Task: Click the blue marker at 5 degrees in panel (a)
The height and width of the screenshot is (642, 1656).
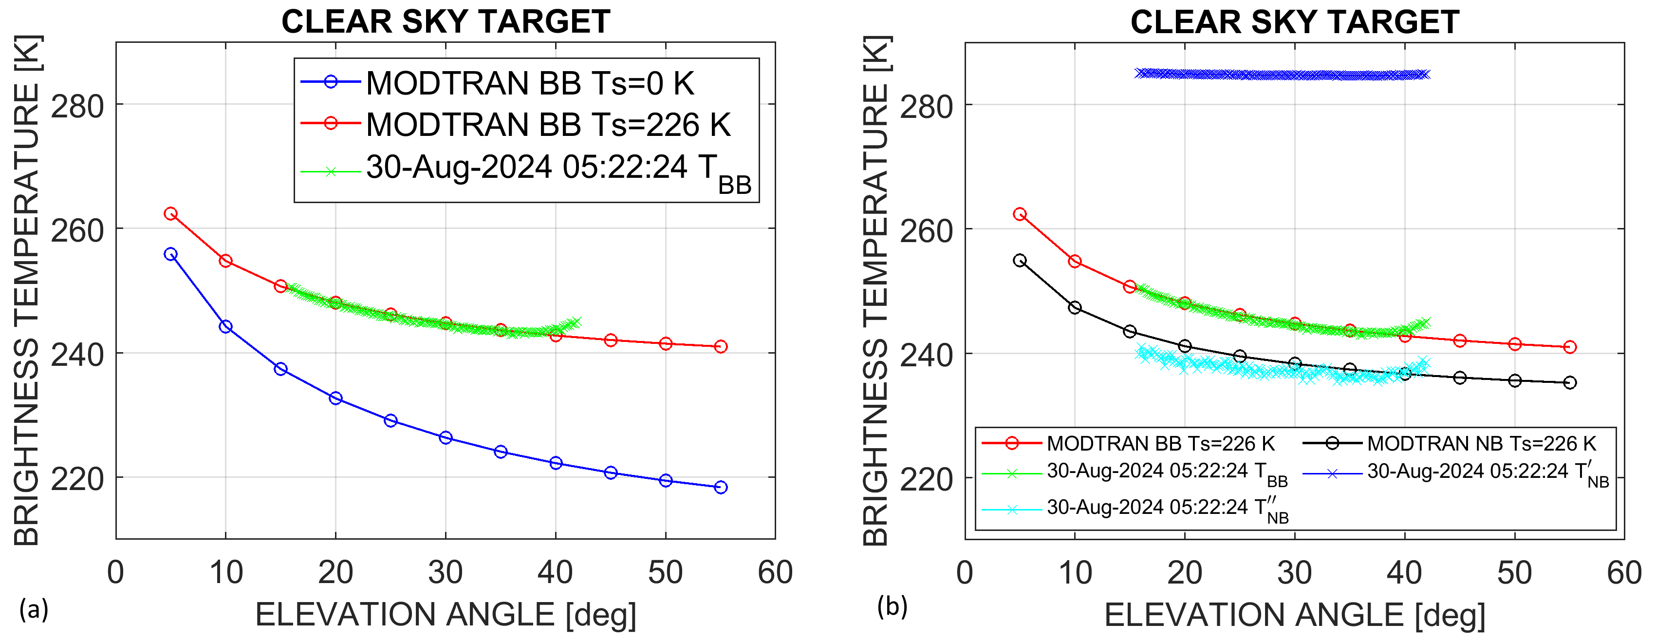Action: click(170, 254)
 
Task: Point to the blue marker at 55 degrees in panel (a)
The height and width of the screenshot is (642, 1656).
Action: click(721, 487)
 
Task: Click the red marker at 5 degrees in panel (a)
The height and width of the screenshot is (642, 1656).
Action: click(170, 213)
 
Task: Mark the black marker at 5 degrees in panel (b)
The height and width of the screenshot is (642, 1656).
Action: click(1020, 261)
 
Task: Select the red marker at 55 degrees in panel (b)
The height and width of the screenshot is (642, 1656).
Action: click(1570, 347)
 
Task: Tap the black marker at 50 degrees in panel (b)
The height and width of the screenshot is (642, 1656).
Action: click(1515, 381)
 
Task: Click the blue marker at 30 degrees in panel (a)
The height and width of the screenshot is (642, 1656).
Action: click(446, 437)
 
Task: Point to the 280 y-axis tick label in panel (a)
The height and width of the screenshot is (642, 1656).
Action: click(77, 106)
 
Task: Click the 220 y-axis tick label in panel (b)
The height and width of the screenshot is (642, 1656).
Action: click(926, 479)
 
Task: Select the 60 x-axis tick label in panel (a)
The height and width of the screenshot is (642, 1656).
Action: click(775, 572)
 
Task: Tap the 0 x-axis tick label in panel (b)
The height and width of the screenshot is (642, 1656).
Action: click(965, 572)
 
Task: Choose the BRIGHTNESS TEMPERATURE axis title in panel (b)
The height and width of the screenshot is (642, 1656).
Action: click(875, 289)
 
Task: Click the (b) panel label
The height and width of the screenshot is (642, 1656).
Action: click(893, 606)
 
